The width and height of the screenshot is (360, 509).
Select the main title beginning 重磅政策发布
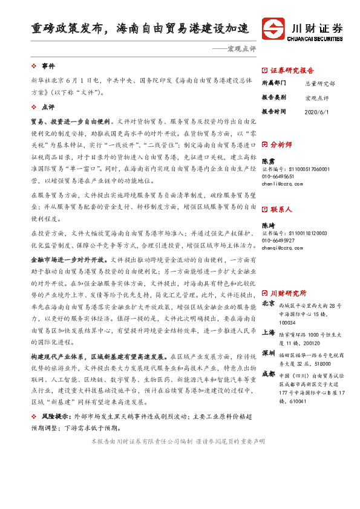140,28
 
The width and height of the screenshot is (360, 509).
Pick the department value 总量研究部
320,84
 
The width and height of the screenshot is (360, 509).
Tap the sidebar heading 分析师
281,145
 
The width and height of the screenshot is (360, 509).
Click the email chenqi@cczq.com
283,247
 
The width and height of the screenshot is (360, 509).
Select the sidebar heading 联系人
281,209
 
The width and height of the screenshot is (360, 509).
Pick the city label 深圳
269,352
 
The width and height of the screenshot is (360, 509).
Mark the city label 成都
269,374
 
